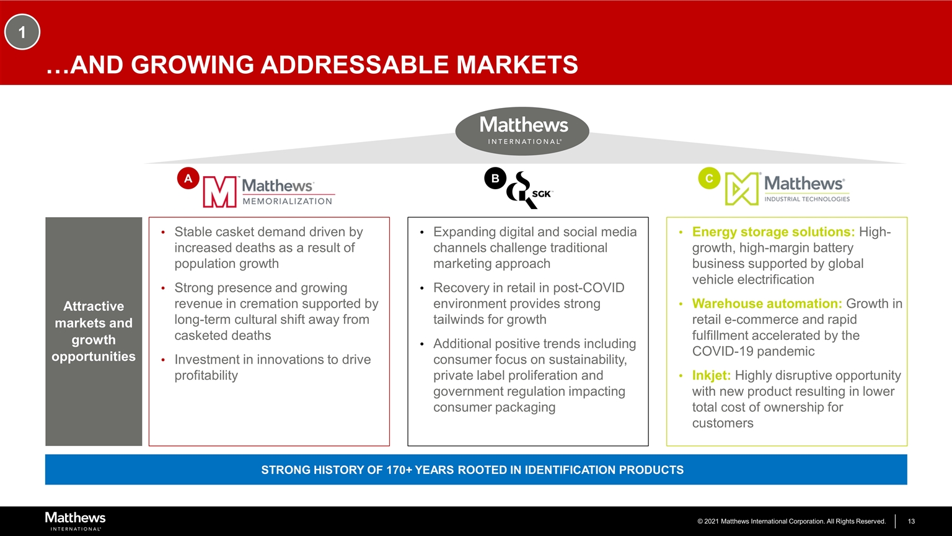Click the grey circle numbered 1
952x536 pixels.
coord(22,32)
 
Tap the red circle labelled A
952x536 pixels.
coord(188,178)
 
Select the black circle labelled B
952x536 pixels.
coord(495,178)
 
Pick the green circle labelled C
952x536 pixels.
coord(709,178)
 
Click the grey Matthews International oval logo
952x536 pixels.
coord(522,131)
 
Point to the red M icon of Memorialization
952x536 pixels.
coord(219,192)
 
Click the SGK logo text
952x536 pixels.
coord(541,194)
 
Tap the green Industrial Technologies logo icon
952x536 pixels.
coord(742,189)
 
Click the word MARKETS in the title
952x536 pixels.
coord(518,65)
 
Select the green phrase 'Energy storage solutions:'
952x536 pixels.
coord(773,232)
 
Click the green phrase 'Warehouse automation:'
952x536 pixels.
coord(767,303)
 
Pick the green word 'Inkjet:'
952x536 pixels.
coord(712,375)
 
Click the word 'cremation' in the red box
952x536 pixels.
coord(268,303)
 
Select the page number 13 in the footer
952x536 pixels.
coord(911,521)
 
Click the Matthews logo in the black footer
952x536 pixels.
coord(75,521)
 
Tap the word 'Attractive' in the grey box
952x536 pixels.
coord(94,306)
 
